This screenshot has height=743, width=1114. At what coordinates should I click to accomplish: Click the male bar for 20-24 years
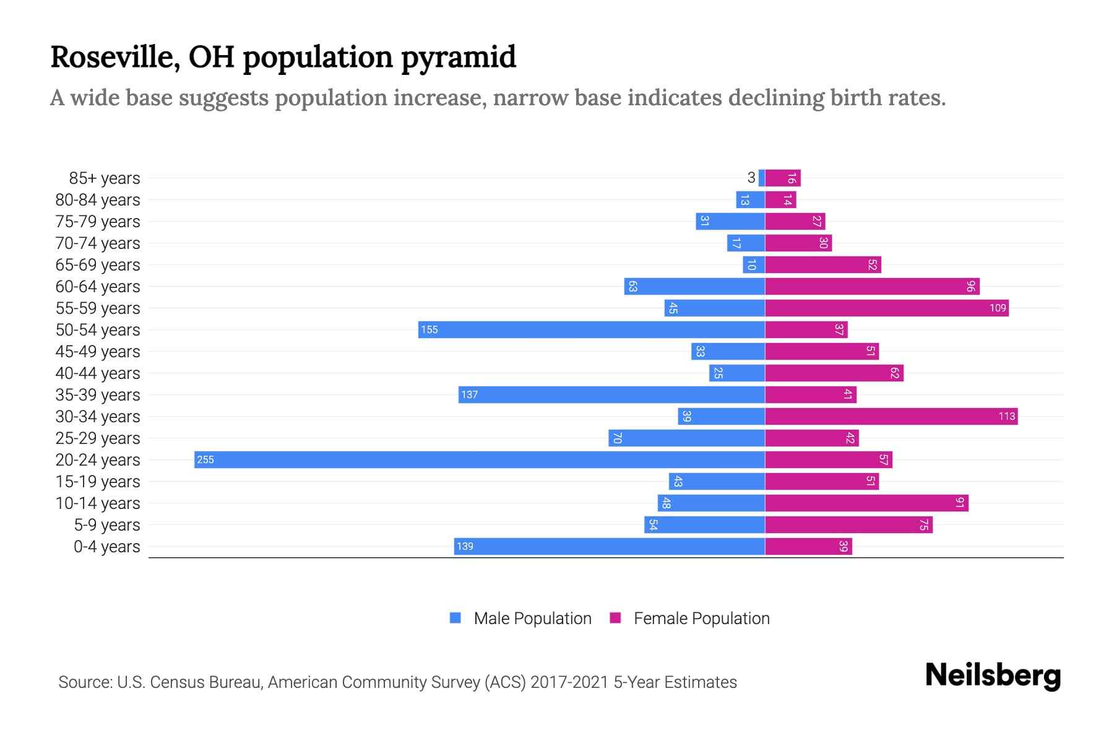480,459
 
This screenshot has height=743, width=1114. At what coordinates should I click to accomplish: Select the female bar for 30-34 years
891,416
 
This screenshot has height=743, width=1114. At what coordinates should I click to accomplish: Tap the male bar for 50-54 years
591,329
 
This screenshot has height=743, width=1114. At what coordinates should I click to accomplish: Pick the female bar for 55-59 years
886,308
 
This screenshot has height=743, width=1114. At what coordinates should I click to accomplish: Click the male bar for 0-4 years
610,546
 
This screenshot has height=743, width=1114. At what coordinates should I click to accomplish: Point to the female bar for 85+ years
783,178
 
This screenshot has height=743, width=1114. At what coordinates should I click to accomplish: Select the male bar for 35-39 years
611,394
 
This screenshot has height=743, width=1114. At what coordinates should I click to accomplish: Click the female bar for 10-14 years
866,503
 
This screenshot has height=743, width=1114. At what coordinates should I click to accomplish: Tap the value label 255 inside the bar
205,460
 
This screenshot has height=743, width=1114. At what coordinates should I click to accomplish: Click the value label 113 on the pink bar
1006,417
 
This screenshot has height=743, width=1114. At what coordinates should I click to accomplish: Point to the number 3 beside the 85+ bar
751,178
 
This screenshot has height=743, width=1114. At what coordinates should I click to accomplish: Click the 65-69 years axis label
98,265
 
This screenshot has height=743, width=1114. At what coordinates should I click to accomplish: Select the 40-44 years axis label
98,373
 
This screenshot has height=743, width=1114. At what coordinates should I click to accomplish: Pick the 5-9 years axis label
106,525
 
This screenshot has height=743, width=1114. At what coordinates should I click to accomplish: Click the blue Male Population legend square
456,618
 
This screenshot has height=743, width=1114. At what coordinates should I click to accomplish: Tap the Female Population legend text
701,619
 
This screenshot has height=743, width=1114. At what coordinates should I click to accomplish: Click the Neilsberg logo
993,675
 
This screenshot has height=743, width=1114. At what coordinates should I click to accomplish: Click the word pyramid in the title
458,58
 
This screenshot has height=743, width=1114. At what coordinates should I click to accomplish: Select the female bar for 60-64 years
872,286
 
